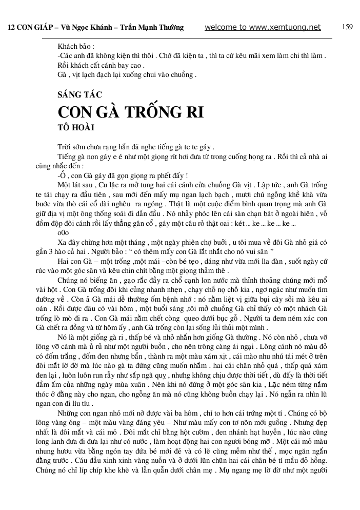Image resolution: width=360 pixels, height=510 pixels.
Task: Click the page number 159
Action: [x=347, y=27]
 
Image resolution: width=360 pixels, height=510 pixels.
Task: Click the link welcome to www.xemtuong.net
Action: [x=263, y=27]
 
